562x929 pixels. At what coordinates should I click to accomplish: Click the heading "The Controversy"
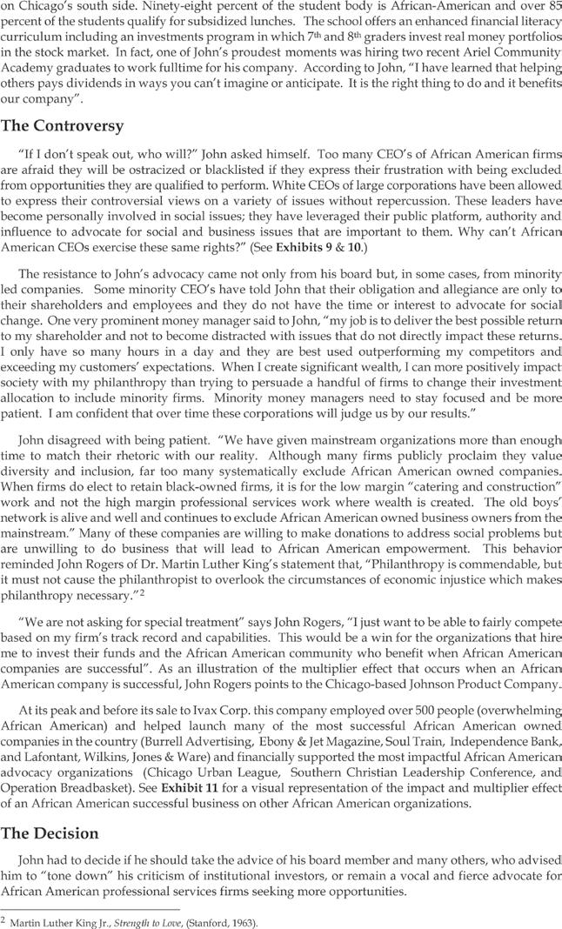tap(62, 125)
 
